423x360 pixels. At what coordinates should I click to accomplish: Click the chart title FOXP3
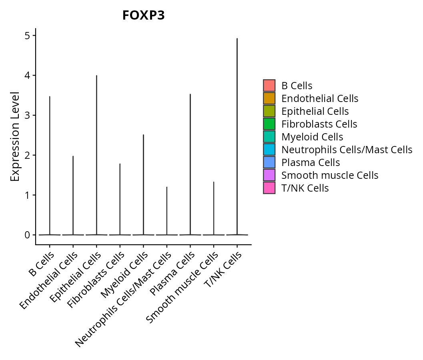[x=143, y=15]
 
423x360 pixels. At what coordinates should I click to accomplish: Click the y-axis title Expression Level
[x=15, y=136]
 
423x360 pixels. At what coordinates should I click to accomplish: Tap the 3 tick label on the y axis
[x=27, y=115]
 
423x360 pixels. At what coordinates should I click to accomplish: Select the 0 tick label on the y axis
[x=27, y=235]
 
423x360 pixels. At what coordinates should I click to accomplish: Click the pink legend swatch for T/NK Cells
[x=269, y=188]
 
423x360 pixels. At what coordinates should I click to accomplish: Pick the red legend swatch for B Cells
[x=269, y=86]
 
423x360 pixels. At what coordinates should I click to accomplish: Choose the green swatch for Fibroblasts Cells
[x=269, y=124]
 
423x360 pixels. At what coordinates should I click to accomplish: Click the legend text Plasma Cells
[x=311, y=162]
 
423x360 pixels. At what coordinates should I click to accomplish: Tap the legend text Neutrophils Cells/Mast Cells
[x=347, y=150]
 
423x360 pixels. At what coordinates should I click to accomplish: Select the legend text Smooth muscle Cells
[x=330, y=175]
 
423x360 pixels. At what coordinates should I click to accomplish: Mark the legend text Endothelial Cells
[x=320, y=98]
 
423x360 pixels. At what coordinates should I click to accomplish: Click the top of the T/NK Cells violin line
[x=237, y=39]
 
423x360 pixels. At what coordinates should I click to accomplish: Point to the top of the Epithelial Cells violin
[x=96, y=76]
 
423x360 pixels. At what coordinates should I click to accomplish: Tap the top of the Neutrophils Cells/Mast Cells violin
[x=167, y=187]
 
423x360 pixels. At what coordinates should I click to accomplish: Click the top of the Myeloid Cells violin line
[x=143, y=135]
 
